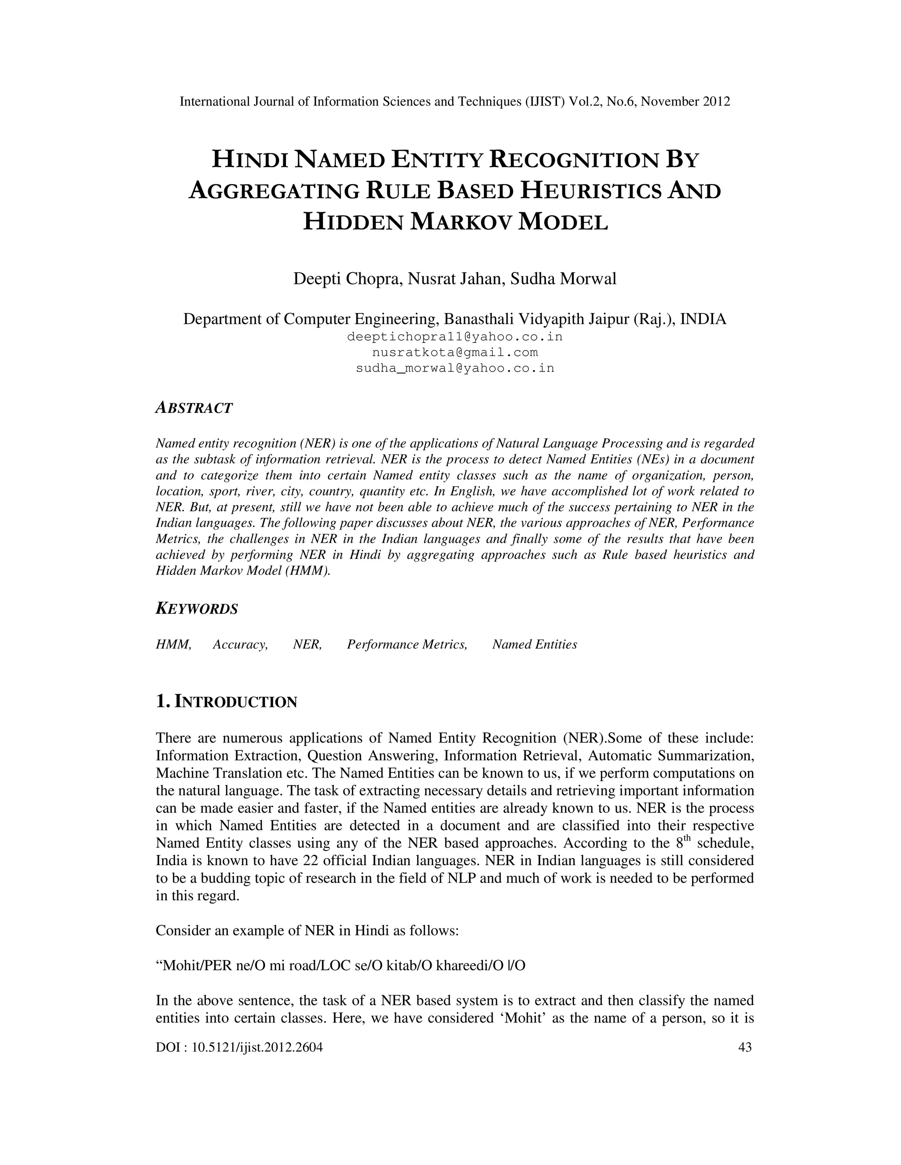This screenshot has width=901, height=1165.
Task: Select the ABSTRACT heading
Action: (x=194, y=408)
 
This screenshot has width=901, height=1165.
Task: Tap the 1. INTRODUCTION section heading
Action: (x=226, y=702)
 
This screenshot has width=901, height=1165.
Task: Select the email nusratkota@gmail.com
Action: (x=455, y=353)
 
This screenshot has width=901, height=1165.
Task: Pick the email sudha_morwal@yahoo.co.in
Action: (x=455, y=368)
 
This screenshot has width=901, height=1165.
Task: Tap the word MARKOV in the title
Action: (x=461, y=222)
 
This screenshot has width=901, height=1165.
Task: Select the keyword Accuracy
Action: (x=240, y=644)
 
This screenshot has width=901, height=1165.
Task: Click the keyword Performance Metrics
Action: (x=407, y=644)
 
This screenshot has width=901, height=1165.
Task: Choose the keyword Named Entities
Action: (x=534, y=644)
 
